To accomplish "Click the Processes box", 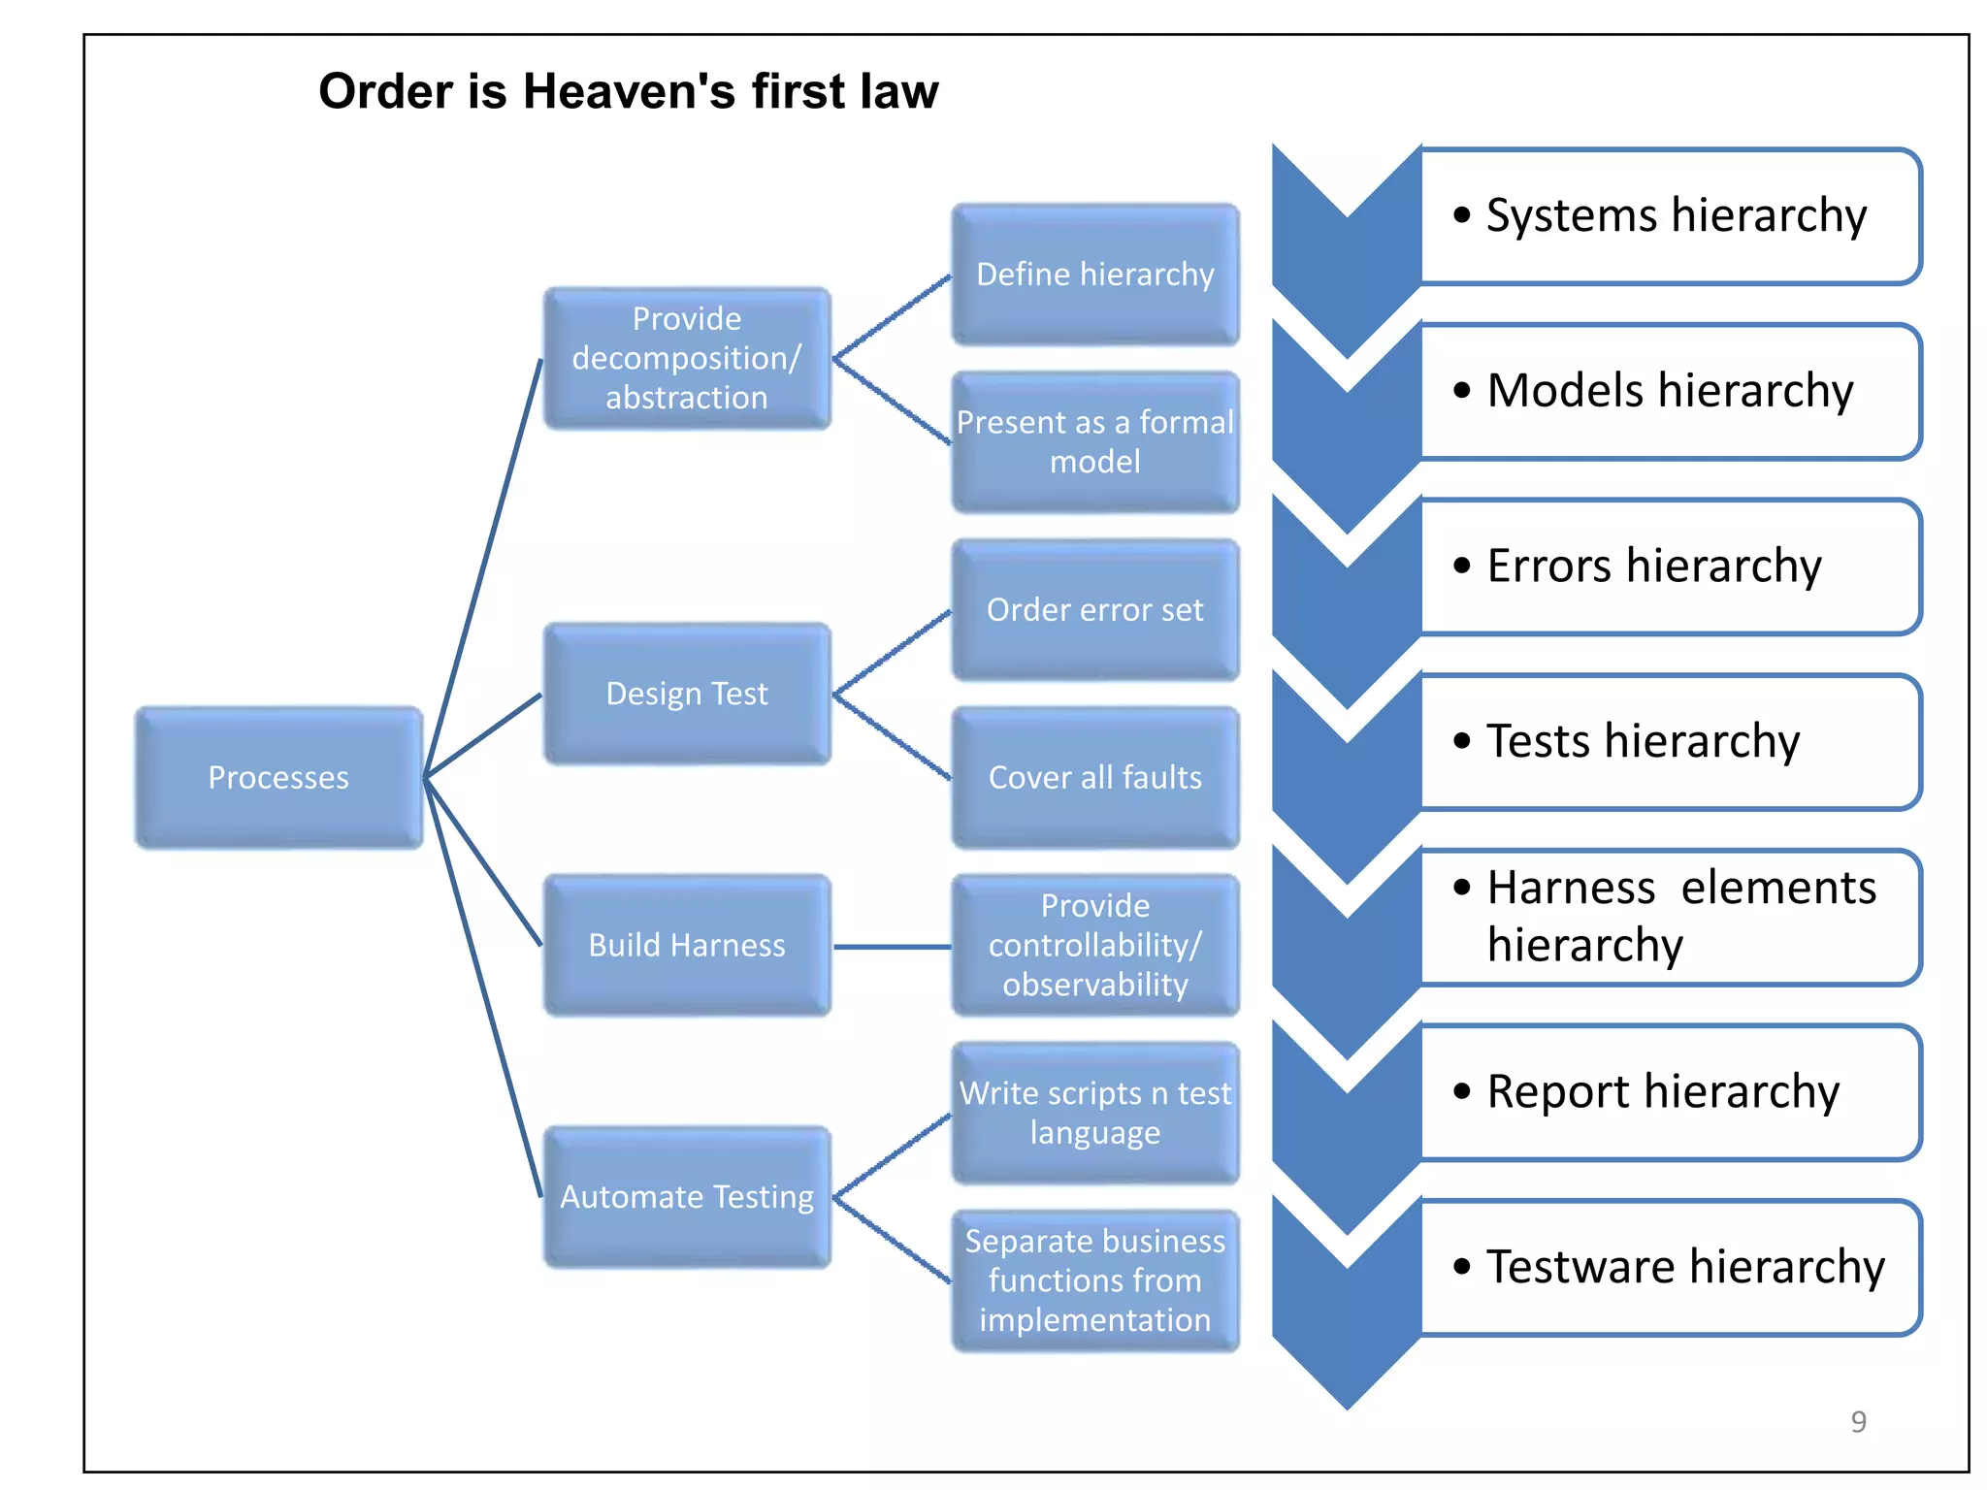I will [x=278, y=777].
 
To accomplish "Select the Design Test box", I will [x=687, y=694].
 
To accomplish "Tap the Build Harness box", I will [x=687, y=945].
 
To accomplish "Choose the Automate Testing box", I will [x=687, y=1196].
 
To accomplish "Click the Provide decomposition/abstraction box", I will [x=687, y=358].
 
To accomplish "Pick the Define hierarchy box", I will [x=1095, y=275].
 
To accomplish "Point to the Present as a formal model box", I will [x=1095, y=441].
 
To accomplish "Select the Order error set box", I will [x=1095, y=609].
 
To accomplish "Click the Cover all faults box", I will [x=1095, y=777].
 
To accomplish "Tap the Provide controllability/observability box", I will [x=1095, y=945].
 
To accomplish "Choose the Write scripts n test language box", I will [x=1095, y=1113].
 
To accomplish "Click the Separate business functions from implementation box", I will [x=1095, y=1280].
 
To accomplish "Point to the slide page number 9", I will [x=1858, y=1421].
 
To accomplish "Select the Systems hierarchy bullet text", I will [x=1676, y=215].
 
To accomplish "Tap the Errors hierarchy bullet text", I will [x=1654, y=566].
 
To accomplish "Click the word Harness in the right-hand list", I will [x=1571, y=888].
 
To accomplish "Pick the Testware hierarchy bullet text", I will [x=1685, y=1267].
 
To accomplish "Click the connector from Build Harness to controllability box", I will [x=892, y=947].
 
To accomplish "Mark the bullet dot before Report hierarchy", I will [x=1462, y=1091].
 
